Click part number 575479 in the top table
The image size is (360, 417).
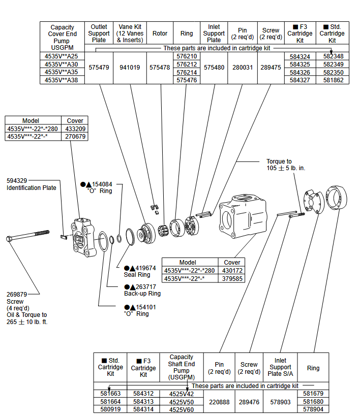tap(99, 68)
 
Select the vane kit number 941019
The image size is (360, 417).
tap(130, 68)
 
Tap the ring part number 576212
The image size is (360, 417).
tap(187, 65)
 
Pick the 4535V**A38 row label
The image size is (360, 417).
tap(62, 80)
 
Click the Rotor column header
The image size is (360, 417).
tap(160, 34)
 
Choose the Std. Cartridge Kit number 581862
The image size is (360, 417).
tap(333, 80)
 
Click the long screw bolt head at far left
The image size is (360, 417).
tap(9, 238)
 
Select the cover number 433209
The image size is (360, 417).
tap(75, 129)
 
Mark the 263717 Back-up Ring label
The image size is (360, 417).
tap(142, 290)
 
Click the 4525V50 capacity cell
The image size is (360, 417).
tap(182, 401)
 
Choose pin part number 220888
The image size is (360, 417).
tap(219, 401)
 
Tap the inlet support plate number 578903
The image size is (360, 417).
tap(280, 401)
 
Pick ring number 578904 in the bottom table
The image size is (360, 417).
tap(313, 409)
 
